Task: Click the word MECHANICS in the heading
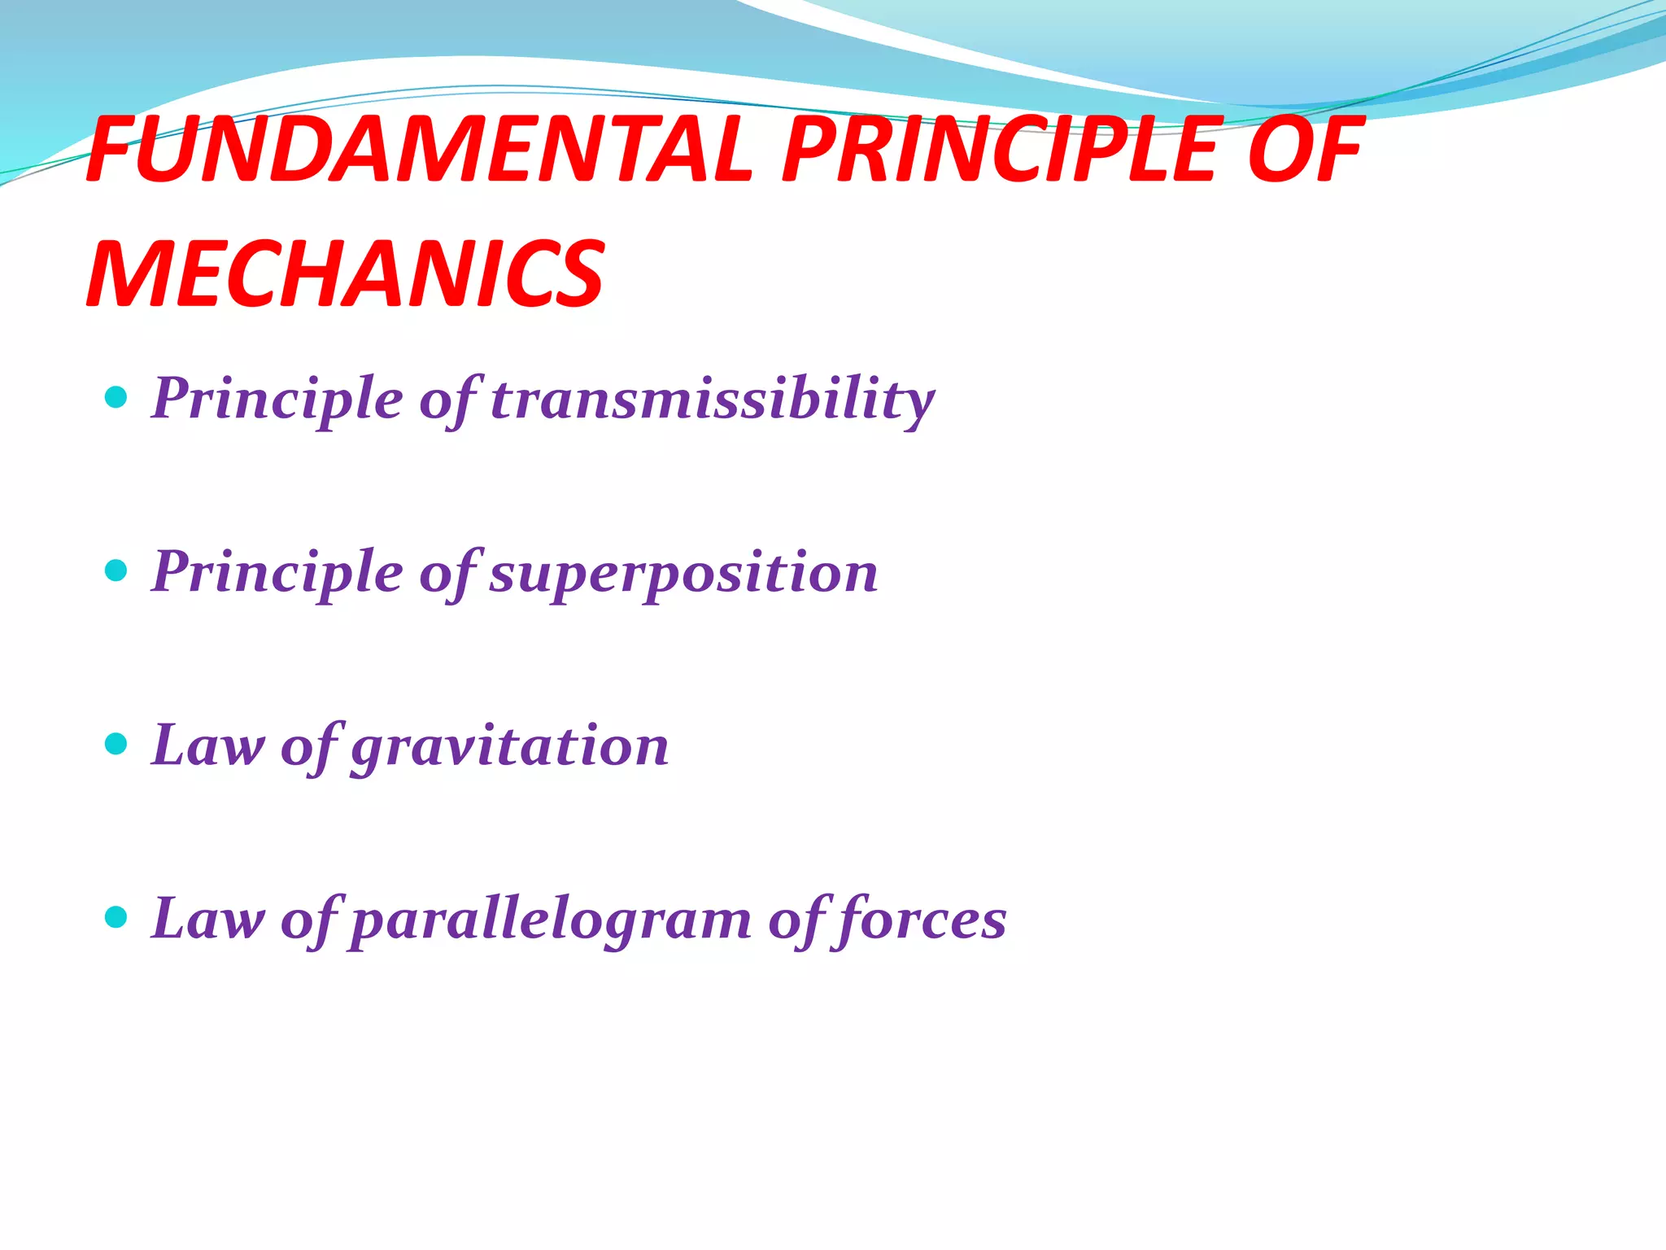345,274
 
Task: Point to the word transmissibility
713,399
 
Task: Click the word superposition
683,573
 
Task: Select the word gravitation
509,746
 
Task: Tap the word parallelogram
552,920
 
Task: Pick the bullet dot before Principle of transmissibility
117,398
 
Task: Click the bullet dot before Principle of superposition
117,570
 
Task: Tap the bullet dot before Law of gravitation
117,744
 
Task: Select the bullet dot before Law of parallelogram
117,918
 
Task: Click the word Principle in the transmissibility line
277,399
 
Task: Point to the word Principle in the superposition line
277,573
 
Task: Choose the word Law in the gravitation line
208,746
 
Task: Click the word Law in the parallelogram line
208,920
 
